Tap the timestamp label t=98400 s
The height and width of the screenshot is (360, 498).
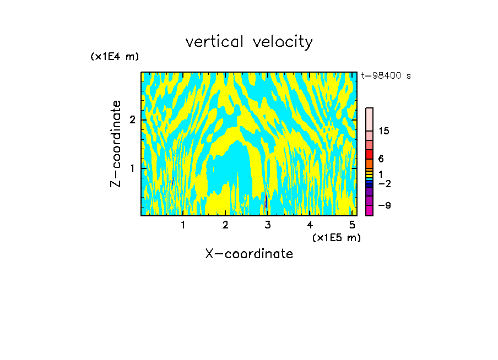tap(386, 76)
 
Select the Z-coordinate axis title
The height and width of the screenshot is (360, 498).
tap(116, 144)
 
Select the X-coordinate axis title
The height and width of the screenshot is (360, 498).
tap(249, 254)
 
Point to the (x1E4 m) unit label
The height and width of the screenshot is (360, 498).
tap(115, 57)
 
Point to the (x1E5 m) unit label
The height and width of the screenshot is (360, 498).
tap(336, 237)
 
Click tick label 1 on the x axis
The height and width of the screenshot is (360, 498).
tap(183, 225)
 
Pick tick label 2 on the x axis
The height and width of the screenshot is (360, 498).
tap(225, 225)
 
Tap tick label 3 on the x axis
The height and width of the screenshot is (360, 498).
tap(268, 225)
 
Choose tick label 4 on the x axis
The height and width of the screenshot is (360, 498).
tap(310, 225)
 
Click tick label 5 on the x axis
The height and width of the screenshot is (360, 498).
tap(352, 225)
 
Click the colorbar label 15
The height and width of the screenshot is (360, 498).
tap(384, 131)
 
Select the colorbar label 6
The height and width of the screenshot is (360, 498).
tap(381, 159)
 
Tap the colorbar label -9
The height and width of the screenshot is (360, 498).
tap(385, 205)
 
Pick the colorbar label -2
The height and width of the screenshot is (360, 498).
tap(385, 183)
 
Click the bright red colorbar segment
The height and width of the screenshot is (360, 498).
tap(369, 154)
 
